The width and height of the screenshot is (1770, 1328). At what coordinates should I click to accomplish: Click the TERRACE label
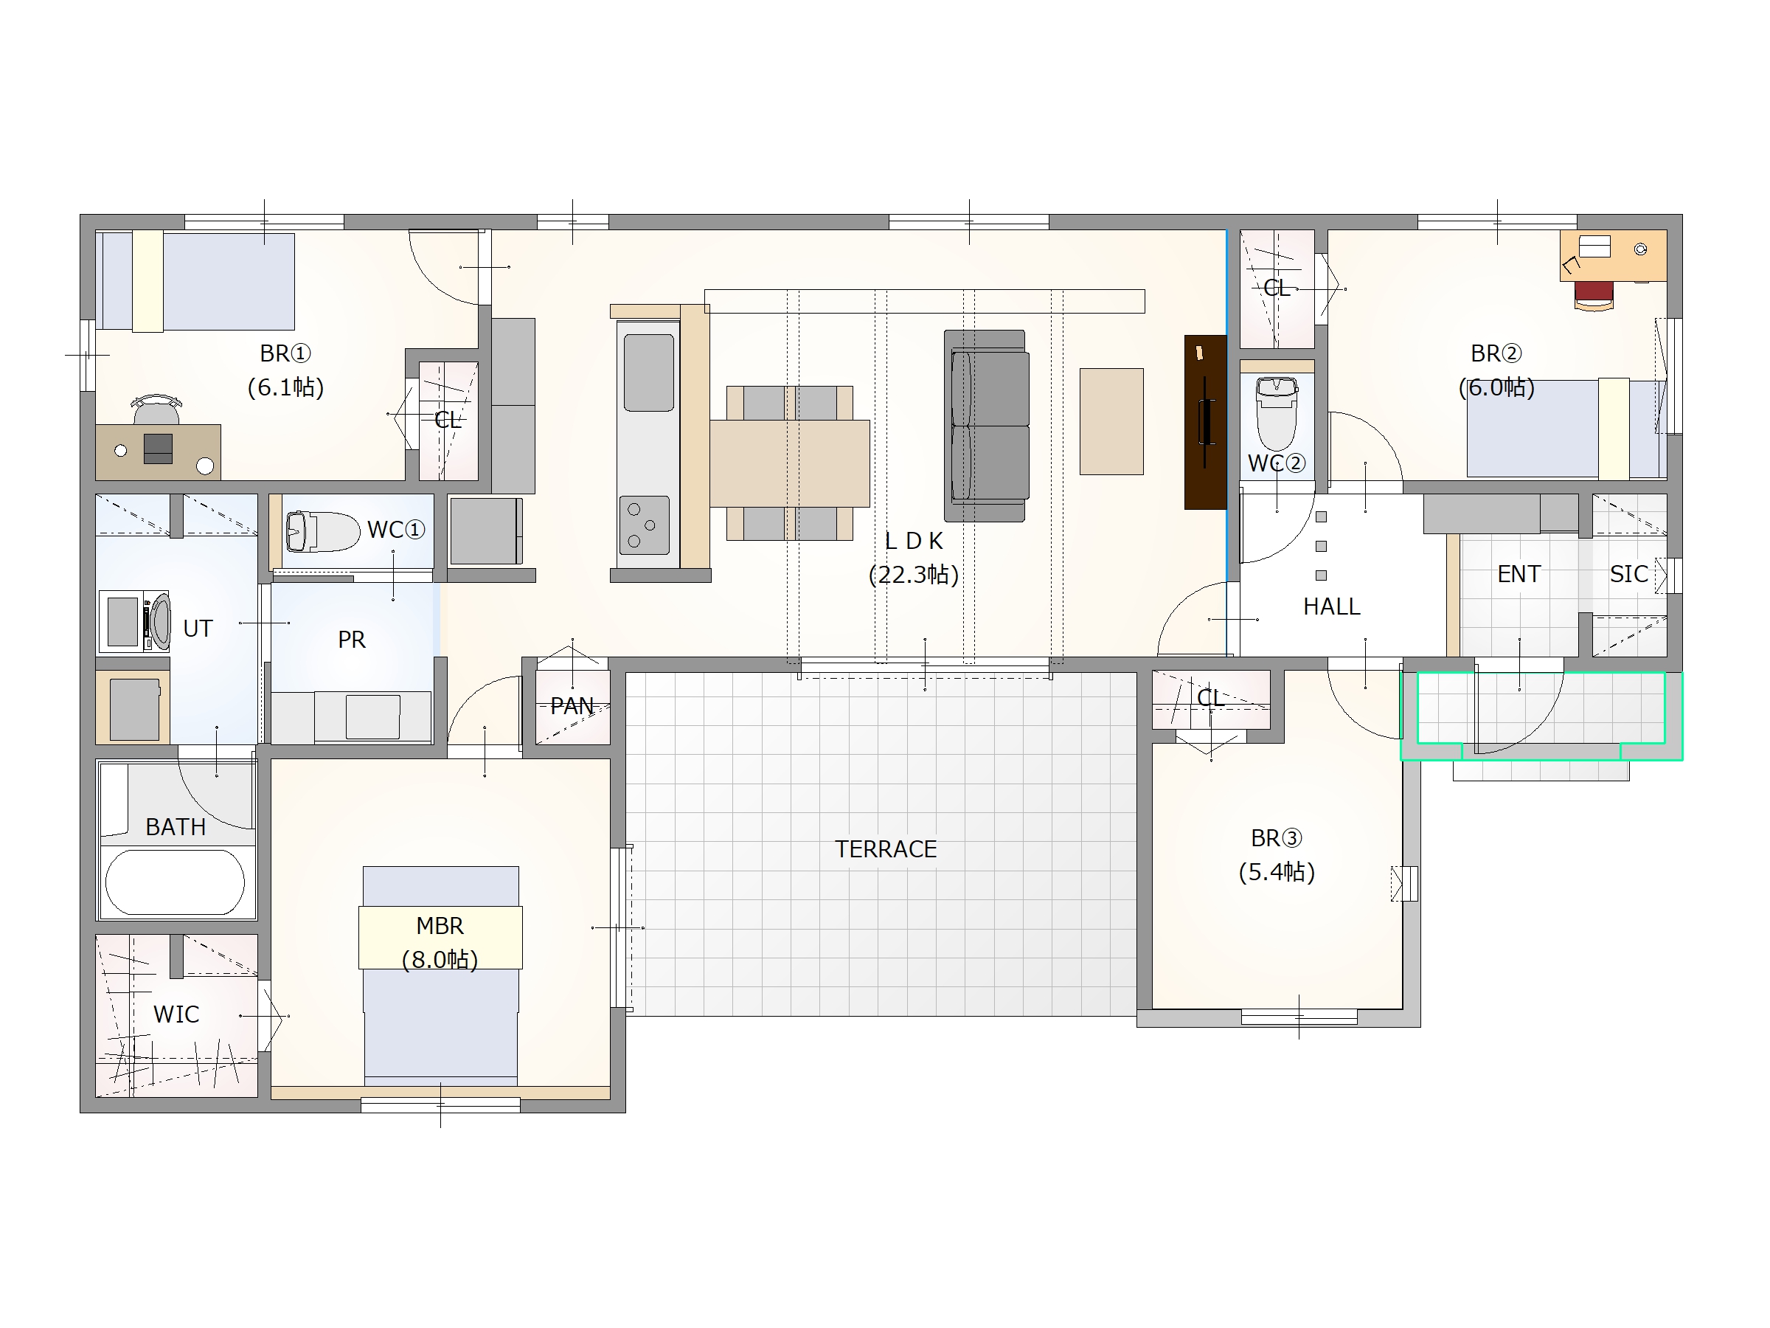tap(885, 849)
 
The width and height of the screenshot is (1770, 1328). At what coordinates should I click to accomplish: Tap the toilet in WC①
tap(322, 531)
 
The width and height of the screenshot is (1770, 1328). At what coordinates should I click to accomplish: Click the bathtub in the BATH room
tap(176, 882)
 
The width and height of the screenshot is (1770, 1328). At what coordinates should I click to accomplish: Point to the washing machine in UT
tap(134, 621)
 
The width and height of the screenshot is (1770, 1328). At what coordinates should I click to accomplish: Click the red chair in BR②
tap(1593, 294)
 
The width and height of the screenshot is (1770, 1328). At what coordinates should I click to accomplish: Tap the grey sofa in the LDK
tap(988, 426)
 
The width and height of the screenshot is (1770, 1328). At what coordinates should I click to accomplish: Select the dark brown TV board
tap(1205, 422)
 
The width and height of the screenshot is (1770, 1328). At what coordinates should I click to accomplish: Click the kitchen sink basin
tap(648, 373)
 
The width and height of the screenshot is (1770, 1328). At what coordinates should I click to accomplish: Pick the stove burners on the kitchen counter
tap(644, 525)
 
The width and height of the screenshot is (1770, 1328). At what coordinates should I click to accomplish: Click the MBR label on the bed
tap(440, 926)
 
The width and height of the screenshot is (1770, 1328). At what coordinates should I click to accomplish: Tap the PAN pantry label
tap(572, 706)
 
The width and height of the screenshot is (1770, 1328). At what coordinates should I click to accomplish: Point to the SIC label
tap(1628, 574)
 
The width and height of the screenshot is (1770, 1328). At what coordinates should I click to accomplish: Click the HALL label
tap(1331, 606)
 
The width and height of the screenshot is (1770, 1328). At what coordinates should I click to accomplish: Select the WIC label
tap(176, 1014)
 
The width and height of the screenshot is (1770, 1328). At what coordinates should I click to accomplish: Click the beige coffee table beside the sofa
tap(1111, 421)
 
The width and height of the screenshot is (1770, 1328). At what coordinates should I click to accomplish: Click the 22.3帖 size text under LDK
tap(913, 575)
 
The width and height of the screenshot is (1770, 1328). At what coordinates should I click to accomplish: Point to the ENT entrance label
tap(1519, 574)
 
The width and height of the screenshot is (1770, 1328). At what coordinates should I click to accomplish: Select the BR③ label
tap(1277, 838)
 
